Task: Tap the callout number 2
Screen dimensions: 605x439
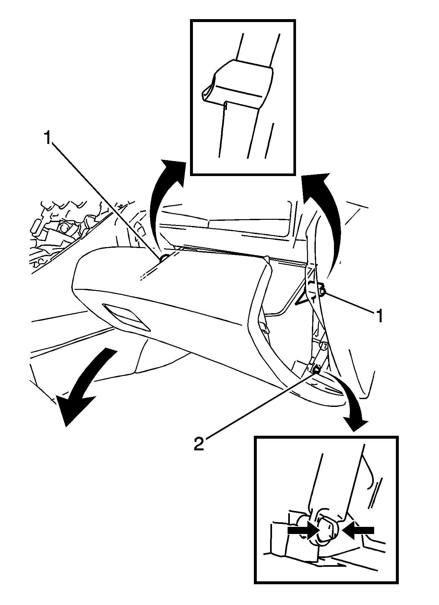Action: (198, 443)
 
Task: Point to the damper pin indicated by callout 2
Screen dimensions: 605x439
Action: (316, 369)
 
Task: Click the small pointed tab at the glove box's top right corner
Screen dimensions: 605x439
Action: (267, 258)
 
